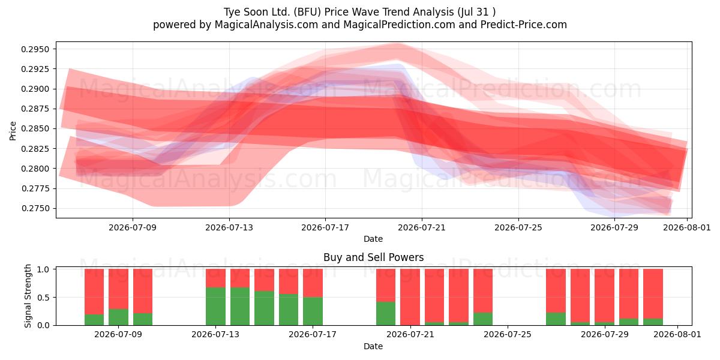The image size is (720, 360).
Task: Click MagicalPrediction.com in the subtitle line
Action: pyautogui.click(x=399, y=25)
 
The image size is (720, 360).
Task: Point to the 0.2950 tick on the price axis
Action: pyautogui.click(x=35, y=49)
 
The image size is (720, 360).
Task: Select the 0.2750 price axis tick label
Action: pyautogui.click(x=35, y=208)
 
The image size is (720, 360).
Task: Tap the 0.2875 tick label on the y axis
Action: pyautogui.click(x=35, y=109)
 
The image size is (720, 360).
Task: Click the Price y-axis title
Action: pyautogui.click(x=13, y=131)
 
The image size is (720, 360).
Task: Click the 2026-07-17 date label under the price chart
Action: pyautogui.click(x=325, y=227)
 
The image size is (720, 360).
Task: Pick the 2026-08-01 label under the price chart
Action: pyautogui.click(x=686, y=227)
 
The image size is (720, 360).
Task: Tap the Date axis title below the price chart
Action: pyautogui.click(x=373, y=239)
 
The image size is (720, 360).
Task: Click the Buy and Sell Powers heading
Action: pyautogui.click(x=373, y=257)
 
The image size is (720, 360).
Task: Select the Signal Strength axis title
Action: pyautogui.click(x=28, y=296)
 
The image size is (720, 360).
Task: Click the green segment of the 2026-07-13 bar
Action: pyautogui.click(x=215, y=306)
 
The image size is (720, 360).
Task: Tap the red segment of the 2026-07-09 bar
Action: pyautogui.click(x=118, y=289)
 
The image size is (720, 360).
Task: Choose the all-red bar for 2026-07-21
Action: pyautogui.click(x=410, y=297)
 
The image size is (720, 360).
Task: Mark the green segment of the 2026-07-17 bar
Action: pyautogui.click(x=313, y=311)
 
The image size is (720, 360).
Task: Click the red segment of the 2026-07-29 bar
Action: pyautogui.click(x=604, y=295)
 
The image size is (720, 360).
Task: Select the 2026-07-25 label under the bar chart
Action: pyautogui.click(x=508, y=335)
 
